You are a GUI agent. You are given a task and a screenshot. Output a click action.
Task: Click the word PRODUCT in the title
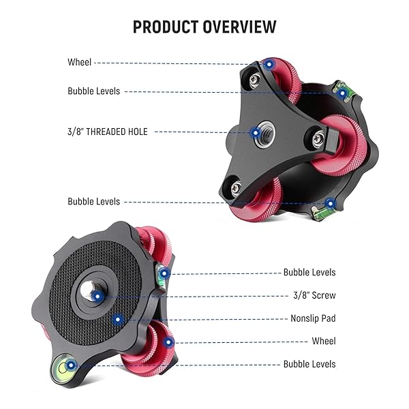pos(166,27)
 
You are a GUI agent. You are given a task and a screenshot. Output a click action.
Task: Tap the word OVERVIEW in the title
pos(240,27)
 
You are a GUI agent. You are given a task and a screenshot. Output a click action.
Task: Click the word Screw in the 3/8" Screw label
pos(324,295)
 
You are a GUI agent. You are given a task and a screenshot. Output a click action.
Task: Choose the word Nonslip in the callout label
pos(304,318)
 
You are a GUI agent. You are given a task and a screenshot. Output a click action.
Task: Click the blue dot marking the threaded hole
pos(256,133)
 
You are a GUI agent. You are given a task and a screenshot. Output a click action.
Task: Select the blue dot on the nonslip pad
pos(118,319)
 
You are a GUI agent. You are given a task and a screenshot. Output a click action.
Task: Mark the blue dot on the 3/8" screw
pos(97,297)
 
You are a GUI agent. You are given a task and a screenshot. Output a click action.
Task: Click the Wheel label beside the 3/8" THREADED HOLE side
pos(80,62)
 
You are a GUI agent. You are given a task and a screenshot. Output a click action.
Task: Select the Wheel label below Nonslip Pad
pos(324,341)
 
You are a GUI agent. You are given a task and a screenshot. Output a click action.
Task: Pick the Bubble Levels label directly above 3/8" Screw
pos(309,272)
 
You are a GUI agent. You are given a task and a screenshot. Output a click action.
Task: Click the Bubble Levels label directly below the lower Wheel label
pos(309,364)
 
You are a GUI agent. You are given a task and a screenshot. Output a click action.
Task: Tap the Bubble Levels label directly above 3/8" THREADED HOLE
pos(94,91)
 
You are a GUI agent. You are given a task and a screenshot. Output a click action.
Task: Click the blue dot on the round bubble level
pos(71,365)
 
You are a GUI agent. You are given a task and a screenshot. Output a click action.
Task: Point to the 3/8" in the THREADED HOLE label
pos(76,132)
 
